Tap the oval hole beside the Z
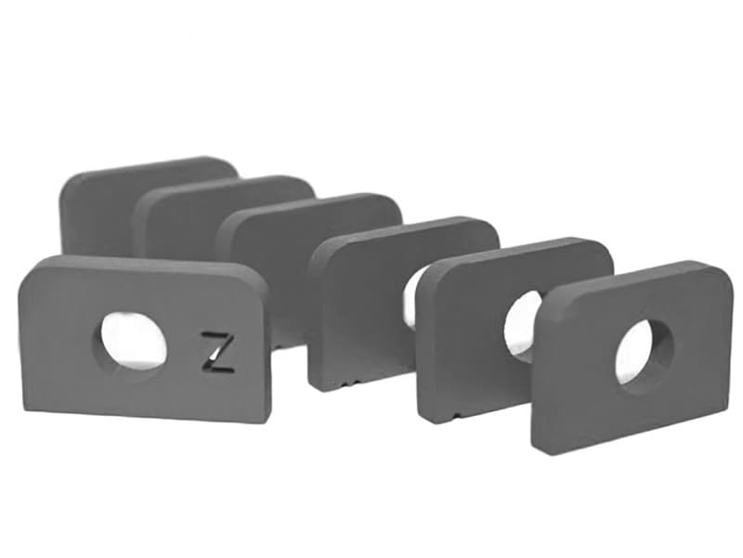point(134,341)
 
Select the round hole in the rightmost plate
point(645,352)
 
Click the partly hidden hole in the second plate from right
point(523,325)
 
